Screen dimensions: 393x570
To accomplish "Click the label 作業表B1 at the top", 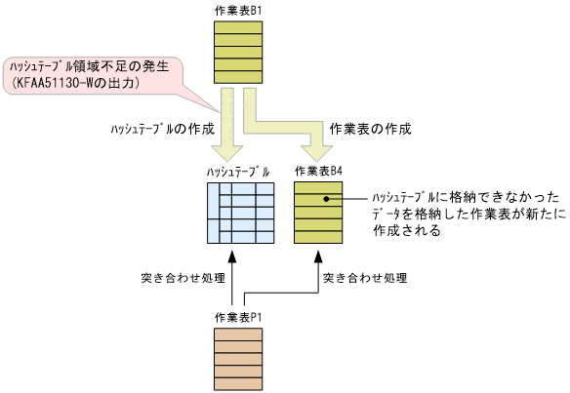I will (x=237, y=9).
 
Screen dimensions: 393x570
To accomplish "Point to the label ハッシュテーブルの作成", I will (x=156, y=128).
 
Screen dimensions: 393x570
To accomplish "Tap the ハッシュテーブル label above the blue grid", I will (x=237, y=172).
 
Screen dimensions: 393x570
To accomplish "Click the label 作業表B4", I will (x=318, y=171).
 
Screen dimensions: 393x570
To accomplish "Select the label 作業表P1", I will (x=237, y=318).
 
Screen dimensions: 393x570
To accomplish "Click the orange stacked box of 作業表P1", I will (x=237, y=358).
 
